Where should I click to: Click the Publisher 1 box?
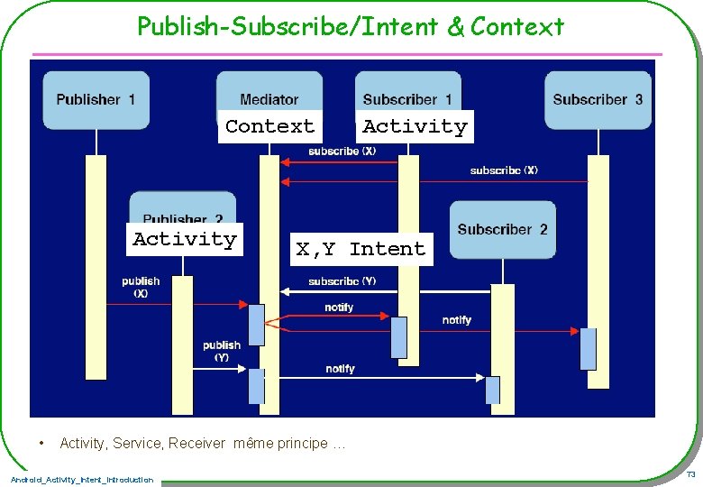coord(96,99)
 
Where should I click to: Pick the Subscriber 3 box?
coord(598,99)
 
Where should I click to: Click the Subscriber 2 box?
coord(502,229)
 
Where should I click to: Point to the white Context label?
coord(269,126)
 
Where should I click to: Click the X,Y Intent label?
coord(361,249)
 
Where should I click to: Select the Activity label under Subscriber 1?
coord(415,126)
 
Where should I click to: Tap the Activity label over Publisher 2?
coord(185,239)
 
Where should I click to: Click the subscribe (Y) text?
coord(342,281)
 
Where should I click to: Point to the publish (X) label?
coord(141,287)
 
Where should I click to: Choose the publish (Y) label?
coord(222,351)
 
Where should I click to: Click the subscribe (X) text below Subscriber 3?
coord(504,170)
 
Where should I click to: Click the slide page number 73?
coord(690,474)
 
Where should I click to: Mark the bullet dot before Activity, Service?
coord(41,443)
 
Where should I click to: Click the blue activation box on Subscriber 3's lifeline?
coord(588,349)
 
